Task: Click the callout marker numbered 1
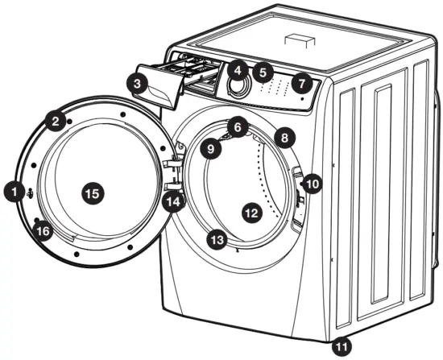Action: click(14, 192)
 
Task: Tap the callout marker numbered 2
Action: click(55, 122)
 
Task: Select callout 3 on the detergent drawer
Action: click(139, 83)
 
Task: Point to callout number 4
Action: click(238, 70)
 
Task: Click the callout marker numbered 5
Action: click(261, 73)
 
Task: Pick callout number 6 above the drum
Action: click(235, 126)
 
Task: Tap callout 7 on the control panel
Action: click(301, 82)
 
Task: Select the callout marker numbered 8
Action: click(283, 138)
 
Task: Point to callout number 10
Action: click(313, 184)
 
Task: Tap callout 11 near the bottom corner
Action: click(343, 346)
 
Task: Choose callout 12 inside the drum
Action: click(251, 213)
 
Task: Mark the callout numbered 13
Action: click(216, 239)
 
